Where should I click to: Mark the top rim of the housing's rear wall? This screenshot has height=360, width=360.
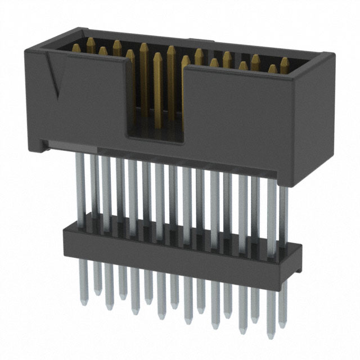pyautogui.click(x=186, y=39)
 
